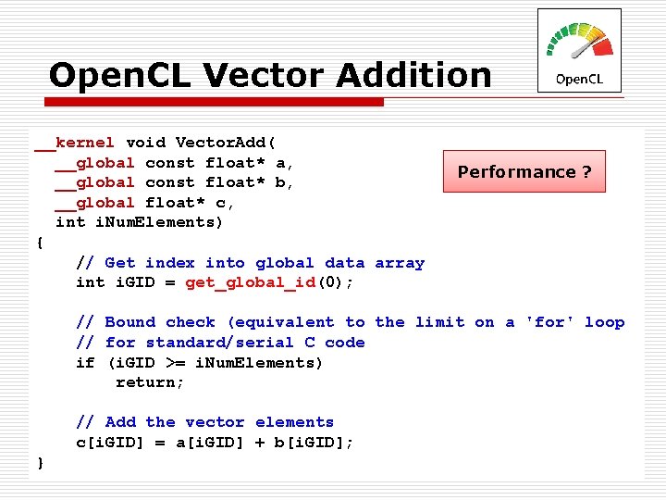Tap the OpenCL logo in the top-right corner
pyautogui.click(x=579, y=51)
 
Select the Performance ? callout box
pyautogui.click(x=524, y=171)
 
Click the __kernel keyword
pyautogui.click(x=75, y=143)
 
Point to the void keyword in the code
pyautogui.click(x=145, y=143)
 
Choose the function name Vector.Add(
pyautogui.click(x=225, y=143)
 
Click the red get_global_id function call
pyautogui.click(x=251, y=282)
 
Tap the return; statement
pyautogui.click(x=150, y=382)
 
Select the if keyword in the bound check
pyautogui.click(x=85, y=363)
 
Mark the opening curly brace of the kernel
pyautogui.click(x=39, y=243)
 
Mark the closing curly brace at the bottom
pyautogui.click(x=39, y=462)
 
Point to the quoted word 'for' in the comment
pyautogui.click(x=549, y=322)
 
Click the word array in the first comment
pyautogui.click(x=400, y=263)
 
